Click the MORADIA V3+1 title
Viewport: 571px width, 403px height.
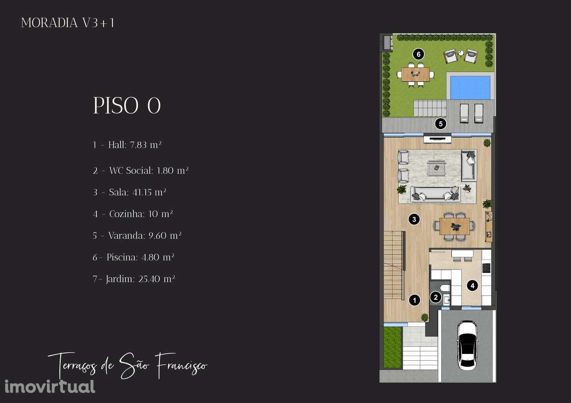(67, 23)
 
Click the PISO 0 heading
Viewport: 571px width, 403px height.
(127, 106)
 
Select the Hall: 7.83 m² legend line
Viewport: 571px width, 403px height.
(127, 145)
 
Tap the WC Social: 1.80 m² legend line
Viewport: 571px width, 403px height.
(141, 171)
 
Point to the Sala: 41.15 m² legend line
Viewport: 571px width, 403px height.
(129, 192)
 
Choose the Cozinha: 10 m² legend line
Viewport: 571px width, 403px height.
(132, 214)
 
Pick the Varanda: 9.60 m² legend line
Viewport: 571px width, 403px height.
(137, 235)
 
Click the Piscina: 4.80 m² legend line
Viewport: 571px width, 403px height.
(133, 257)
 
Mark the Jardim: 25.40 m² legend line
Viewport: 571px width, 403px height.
(134, 279)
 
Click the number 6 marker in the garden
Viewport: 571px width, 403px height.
(418, 54)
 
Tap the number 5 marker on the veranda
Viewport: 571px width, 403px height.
(440, 124)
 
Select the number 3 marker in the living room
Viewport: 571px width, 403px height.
(414, 219)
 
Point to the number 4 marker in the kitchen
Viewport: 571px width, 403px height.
(472, 285)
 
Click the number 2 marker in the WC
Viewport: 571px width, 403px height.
(436, 297)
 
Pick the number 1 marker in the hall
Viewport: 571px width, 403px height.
(414, 300)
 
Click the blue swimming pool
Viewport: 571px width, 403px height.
(470, 88)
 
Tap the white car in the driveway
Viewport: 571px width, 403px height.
(467, 345)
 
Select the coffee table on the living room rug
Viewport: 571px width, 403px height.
(437, 168)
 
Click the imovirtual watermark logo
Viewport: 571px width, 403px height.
(50, 387)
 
